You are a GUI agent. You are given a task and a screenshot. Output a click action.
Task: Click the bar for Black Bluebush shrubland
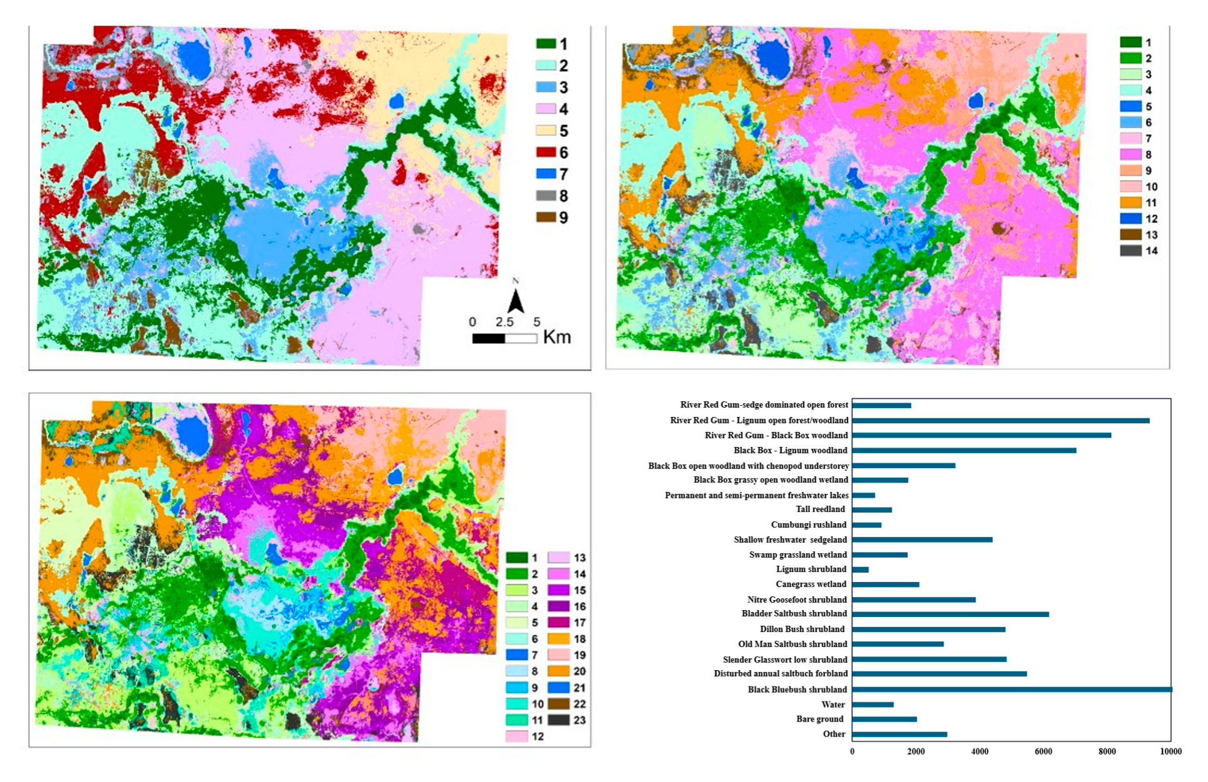(1011, 689)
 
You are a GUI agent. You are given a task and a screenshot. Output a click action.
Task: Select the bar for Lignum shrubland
(861, 569)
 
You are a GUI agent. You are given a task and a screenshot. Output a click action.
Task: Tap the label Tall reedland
(820, 509)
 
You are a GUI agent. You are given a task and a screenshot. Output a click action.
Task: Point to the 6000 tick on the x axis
(1043, 751)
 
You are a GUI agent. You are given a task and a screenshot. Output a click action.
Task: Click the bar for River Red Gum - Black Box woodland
(981, 435)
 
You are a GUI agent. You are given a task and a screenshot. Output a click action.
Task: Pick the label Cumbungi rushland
(808, 524)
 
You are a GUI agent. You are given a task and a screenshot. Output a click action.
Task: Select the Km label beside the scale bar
(557, 338)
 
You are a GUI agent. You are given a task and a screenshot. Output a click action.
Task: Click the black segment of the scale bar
(488, 339)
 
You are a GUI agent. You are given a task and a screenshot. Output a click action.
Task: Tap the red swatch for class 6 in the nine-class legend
(546, 153)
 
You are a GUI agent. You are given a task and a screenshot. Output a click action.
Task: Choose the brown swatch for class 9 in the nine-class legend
(546, 218)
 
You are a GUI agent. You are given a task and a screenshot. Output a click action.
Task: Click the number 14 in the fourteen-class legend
(1151, 251)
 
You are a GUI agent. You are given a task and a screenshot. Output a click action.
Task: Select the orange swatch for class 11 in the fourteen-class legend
(1131, 203)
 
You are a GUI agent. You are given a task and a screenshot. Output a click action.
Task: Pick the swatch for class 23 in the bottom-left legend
(559, 719)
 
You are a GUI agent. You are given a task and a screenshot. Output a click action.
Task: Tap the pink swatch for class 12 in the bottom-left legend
(517, 736)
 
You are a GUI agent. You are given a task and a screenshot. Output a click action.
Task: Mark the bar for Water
(872, 704)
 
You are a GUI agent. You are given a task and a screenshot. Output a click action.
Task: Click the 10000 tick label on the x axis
(1171, 751)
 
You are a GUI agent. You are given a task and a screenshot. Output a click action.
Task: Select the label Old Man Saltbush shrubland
(792, 644)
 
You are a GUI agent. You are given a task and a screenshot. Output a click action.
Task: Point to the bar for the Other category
(899, 734)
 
